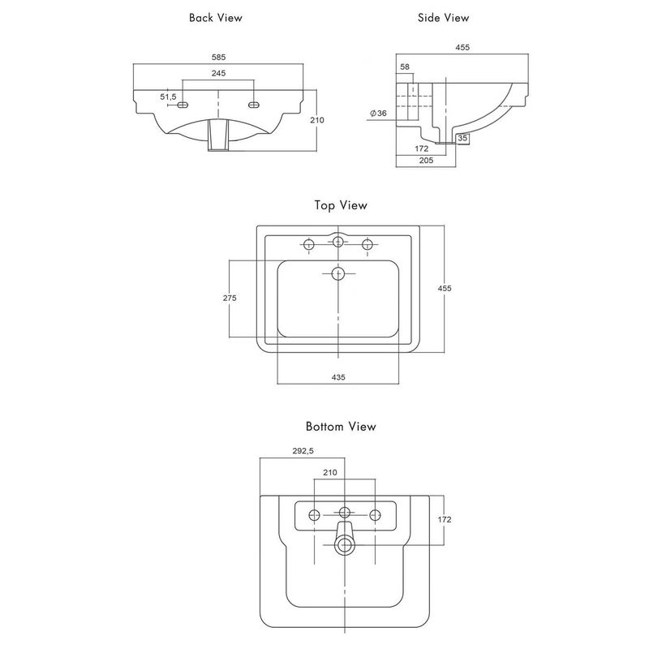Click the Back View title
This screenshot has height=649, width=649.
pos(215,18)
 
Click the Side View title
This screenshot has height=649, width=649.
pos(443,18)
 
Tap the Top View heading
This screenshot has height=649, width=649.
pos(341,205)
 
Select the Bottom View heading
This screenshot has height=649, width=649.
pos(341,427)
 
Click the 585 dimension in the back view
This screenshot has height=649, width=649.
pos(218,57)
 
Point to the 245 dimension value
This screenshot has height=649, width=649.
pos(218,73)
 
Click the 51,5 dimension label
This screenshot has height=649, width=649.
pos(168,97)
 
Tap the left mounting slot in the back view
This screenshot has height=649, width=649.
pos(183,105)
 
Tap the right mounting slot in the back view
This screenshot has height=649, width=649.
pos(254,105)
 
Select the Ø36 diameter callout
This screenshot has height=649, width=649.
pos(378,113)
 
